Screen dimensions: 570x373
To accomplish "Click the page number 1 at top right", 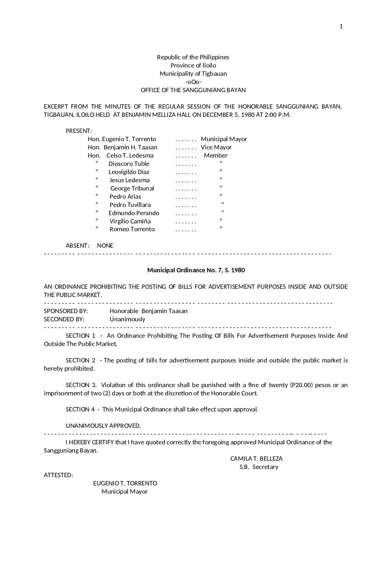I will click(x=341, y=27).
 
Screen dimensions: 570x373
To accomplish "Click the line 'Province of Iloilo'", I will click(x=193, y=65).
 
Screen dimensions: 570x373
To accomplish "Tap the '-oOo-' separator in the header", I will click(x=193, y=82).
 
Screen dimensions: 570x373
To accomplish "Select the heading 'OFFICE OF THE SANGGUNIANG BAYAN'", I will click(x=193, y=90).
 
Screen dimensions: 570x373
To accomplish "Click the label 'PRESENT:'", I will click(x=79, y=131).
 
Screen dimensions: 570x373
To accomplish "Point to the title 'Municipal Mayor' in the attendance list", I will click(x=224, y=139).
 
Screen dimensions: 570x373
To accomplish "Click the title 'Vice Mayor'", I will click(x=216, y=147).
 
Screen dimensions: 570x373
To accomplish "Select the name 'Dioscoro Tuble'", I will click(x=129, y=164).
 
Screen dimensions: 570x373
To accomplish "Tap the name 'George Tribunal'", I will click(x=132, y=188).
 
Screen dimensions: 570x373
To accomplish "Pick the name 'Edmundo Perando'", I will click(x=134, y=213).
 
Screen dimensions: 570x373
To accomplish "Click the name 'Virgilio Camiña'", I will click(x=130, y=221).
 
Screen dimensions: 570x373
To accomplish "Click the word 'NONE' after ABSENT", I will click(x=105, y=246).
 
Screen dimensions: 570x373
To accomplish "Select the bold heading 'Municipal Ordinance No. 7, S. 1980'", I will click(x=196, y=270).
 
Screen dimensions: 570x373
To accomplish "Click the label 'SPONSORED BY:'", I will click(x=66, y=311).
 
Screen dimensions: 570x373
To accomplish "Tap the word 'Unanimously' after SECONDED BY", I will click(x=128, y=319).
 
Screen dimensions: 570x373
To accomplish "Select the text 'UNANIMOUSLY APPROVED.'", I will click(x=103, y=426).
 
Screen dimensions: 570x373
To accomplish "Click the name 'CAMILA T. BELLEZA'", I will click(x=256, y=459).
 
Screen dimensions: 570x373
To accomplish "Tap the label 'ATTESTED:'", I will click(x=58, y=475).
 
